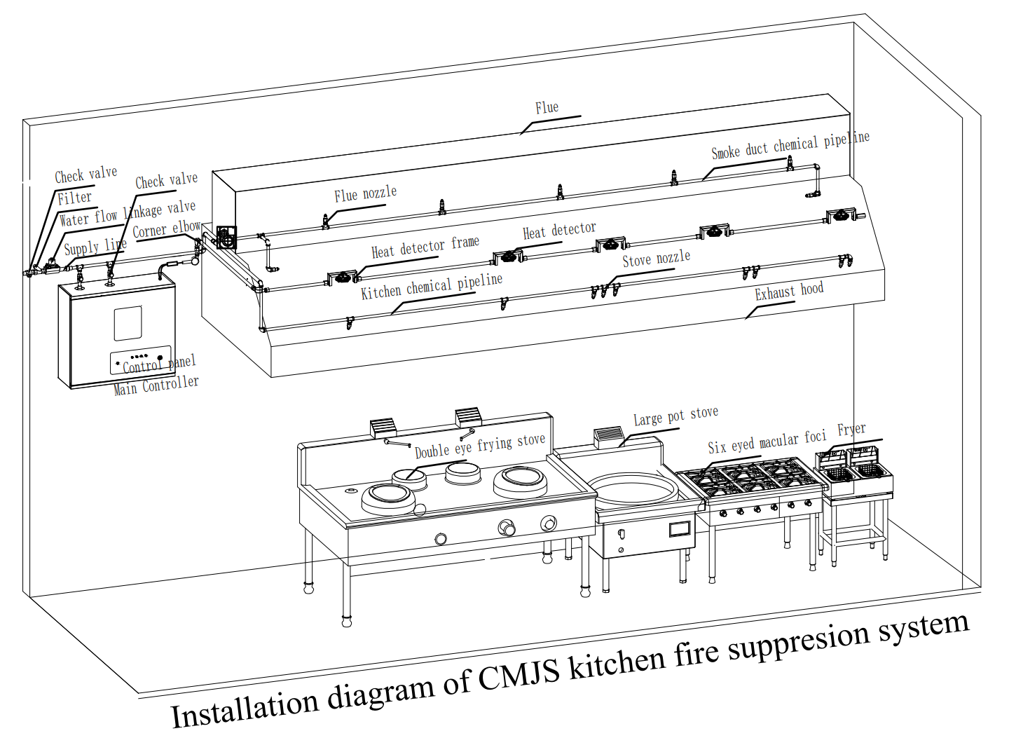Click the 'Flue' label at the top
click(547, 107)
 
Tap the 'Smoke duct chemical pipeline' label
click(790, 145)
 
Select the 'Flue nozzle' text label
click(365, 194)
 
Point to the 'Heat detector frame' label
click(425, 247)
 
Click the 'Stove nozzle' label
click(656, 259)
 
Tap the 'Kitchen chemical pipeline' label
click(431, 286)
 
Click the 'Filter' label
click(74, 198)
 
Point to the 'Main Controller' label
click(156, 385)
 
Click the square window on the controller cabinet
click(128, 324)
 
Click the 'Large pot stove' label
click(675, 416)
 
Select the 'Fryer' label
click(851, 429)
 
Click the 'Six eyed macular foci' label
click(767, 442)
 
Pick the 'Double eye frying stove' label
click(479, 446)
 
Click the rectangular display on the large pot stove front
click(679, 528)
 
